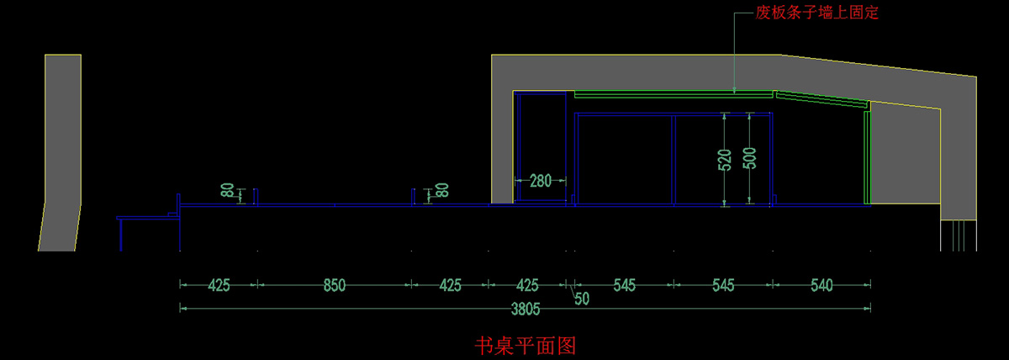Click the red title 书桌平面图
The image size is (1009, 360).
[525, 345]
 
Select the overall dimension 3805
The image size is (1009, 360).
[525, 309]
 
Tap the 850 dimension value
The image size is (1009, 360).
[334, 285]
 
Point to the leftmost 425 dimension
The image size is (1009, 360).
[218, 285]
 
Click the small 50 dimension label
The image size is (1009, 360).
[581, 298]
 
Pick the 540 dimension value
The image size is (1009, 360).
[821, 285]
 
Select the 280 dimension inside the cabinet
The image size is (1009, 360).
[540, 180]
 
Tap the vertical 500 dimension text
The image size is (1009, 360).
[750, 159]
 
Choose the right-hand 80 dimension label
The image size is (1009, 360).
[442, 191]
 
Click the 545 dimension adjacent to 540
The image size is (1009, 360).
[722, 285]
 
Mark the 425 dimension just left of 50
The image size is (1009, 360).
[527, 285]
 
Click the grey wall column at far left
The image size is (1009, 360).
[61, 151]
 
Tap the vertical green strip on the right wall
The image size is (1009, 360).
[867, 158]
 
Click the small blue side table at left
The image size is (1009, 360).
[148, 220]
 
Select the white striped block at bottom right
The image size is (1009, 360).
[958, 235]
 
